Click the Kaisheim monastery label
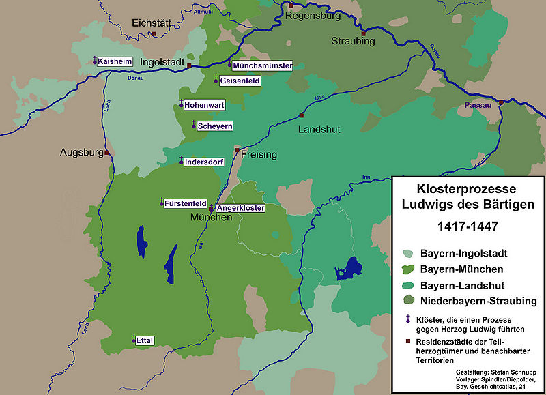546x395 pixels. click(115, 61)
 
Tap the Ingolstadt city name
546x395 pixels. click(162, 63)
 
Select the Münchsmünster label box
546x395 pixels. click(263, 66)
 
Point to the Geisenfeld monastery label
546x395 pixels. click(240, 81)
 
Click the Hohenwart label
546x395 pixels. click(204, 106)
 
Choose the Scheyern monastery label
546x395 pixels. click(216, 126)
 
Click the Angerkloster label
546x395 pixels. click(240, 208)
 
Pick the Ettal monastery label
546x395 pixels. click(144, 340)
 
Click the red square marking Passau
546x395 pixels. click(502, 103)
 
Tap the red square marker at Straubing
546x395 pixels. click(364, 33)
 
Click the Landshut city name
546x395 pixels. click(319, 129)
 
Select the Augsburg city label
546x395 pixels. click(81, 152)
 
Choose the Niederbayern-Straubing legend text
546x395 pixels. click(478, 300)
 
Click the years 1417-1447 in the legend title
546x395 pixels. click(467, 224)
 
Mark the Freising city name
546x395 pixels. click(259, 155)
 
